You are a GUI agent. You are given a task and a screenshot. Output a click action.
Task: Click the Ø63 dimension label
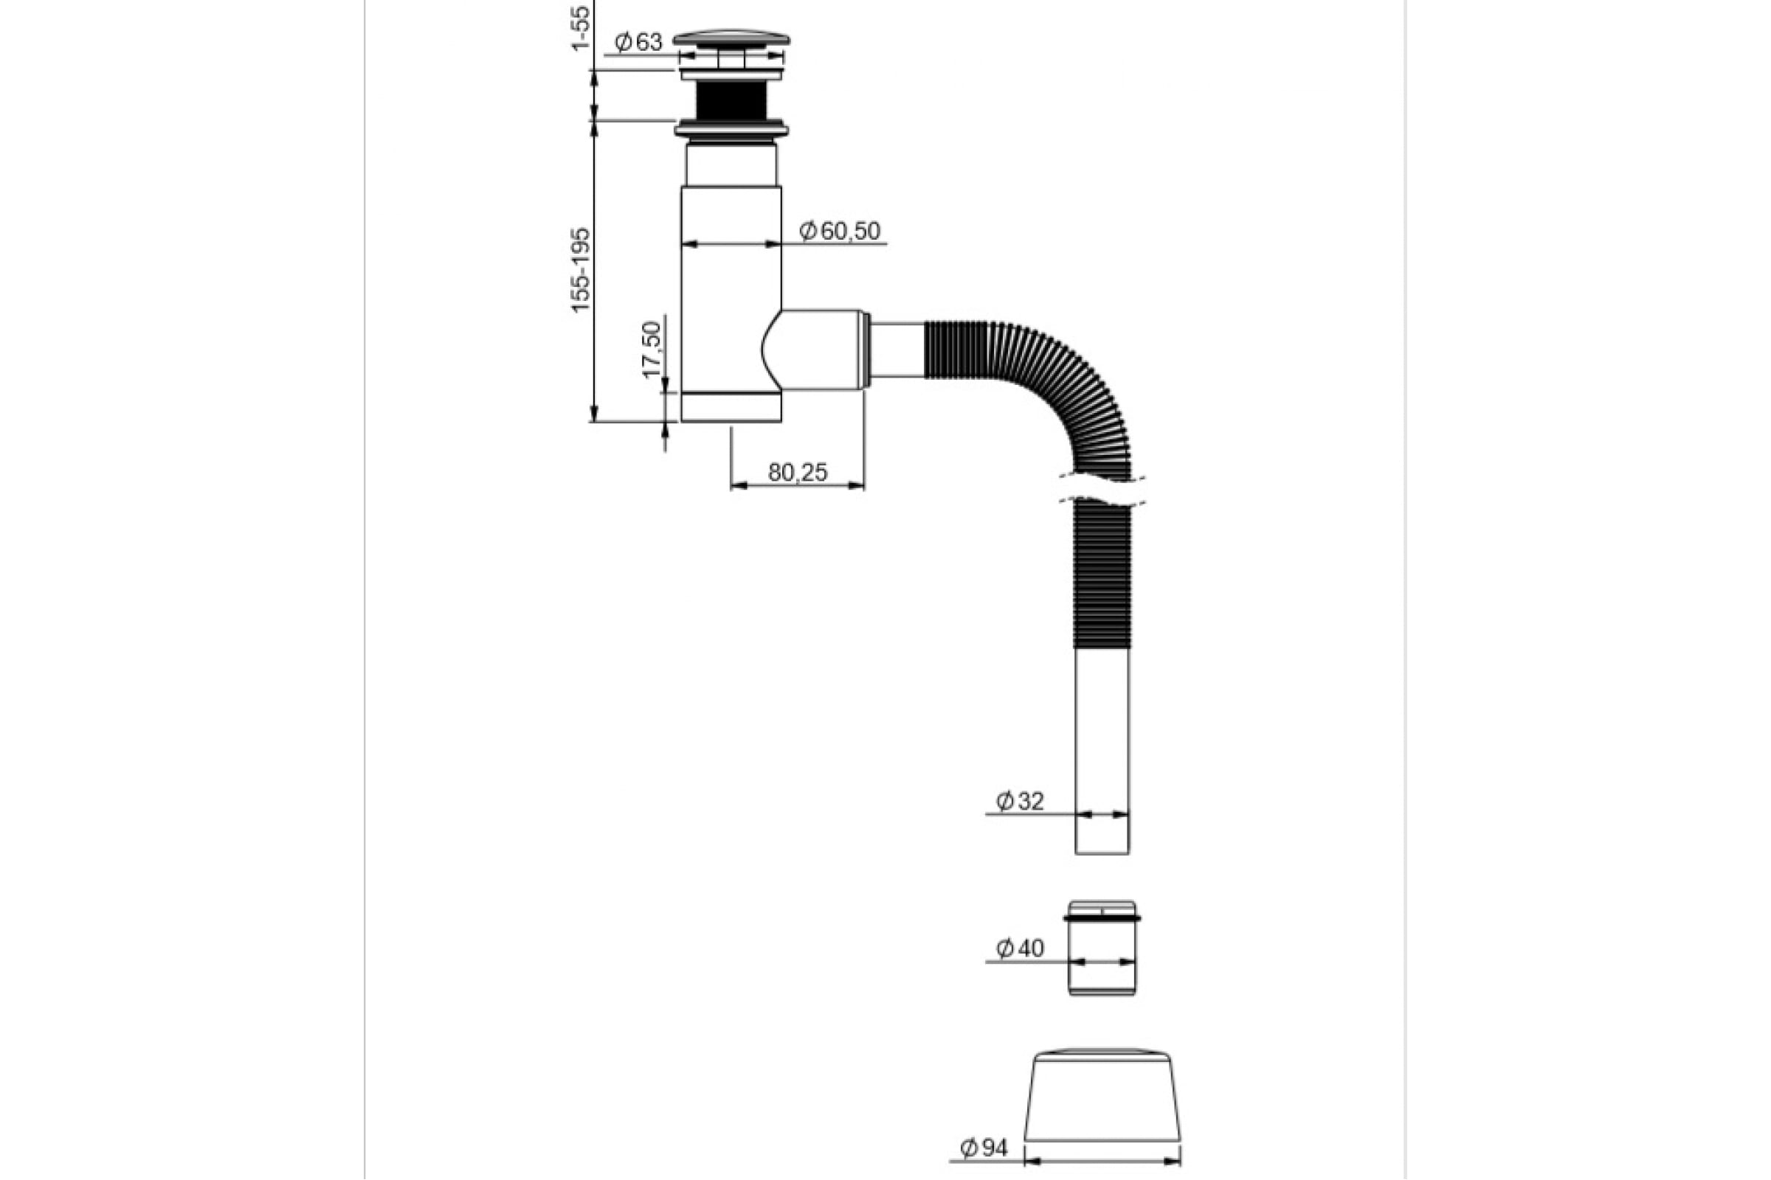638,42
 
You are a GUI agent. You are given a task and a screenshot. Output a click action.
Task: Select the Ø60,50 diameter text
840,230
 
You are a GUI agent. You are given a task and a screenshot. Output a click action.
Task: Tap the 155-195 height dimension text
581,269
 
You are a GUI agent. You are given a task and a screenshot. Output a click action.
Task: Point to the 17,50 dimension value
652,349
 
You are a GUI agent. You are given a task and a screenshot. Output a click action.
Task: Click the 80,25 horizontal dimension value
798,472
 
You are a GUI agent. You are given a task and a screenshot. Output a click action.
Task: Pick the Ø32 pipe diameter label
1020,802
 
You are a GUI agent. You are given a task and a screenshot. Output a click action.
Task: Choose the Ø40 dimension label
1020,948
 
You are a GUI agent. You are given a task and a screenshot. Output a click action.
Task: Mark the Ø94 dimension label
984,1148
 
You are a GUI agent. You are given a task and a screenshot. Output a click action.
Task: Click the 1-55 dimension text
581,27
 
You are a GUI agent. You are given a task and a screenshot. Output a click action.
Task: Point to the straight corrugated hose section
1102,576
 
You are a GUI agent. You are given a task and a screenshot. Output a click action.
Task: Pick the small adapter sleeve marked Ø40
1102,948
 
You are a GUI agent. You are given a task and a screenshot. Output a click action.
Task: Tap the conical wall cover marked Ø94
1102,1095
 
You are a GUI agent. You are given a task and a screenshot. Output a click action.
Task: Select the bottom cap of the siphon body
731,407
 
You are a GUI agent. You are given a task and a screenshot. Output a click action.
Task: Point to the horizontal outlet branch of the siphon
821,349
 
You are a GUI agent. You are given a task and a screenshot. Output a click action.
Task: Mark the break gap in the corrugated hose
1102,489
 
